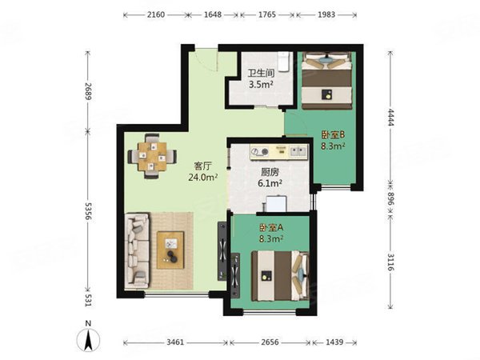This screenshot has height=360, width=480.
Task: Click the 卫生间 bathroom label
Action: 261,74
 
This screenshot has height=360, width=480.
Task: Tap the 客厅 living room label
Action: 203,166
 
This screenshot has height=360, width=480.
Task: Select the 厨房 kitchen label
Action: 270,172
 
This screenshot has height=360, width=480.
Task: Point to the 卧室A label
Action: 271,228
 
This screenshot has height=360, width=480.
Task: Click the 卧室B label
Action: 333,134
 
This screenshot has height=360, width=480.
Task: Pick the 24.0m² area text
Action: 203,178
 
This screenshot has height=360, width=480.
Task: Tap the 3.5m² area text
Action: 261,85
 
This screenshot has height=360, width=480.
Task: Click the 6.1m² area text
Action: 270,184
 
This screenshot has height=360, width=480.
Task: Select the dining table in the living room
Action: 152,157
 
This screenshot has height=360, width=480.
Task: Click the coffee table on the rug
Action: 170,250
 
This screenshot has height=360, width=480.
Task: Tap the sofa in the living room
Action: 137,250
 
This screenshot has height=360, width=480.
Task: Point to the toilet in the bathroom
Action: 283,62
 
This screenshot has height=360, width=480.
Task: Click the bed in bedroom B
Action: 326,81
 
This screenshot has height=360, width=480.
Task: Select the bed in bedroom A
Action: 280,276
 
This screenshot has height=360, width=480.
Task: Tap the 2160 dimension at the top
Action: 156,14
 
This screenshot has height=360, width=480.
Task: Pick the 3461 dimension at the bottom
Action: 175,342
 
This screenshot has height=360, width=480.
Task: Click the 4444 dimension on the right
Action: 390,117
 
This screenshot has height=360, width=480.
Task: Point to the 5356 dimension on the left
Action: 89,211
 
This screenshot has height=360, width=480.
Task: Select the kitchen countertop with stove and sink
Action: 278,152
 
